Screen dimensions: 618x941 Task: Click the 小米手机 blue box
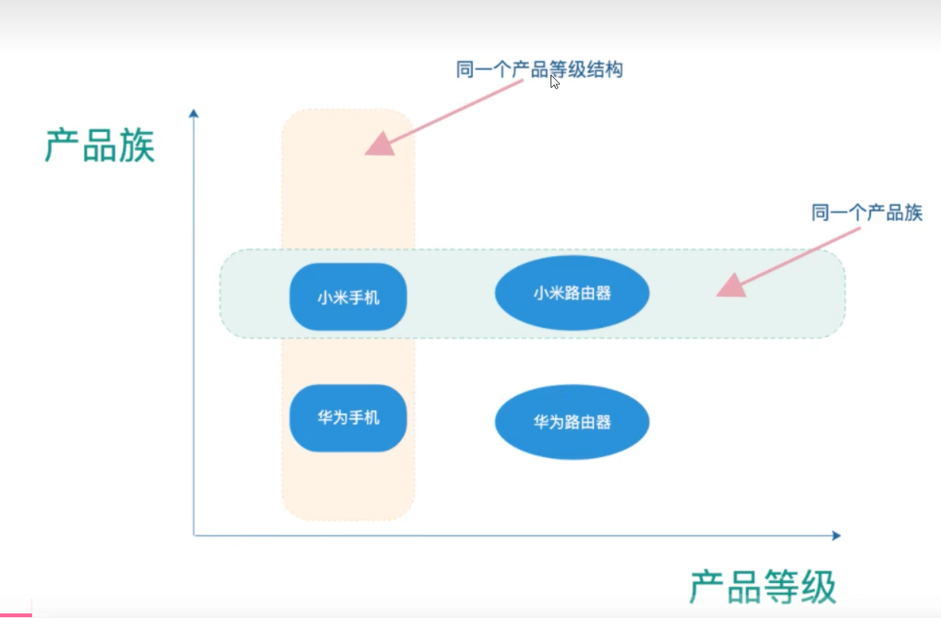coord(348,297)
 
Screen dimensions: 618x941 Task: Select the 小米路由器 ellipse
coord(572,293)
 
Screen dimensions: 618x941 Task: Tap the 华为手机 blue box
coord(348,418)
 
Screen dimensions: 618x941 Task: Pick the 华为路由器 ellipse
coord(572,422)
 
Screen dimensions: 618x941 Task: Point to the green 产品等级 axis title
coord(763,586)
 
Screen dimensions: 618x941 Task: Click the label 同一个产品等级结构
coord(539,70)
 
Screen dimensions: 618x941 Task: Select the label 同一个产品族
coord(867,213)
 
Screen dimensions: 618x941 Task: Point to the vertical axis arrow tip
coord(194,114)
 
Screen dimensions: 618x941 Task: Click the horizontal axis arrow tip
coord(837,536)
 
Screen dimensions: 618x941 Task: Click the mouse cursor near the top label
coord(554,82)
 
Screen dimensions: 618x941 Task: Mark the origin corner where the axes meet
coord(194,536)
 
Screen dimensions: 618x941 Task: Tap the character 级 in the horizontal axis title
coord(817,586)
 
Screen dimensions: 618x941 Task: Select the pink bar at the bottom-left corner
coord(15,614)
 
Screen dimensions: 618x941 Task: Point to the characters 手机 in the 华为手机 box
coord(364,418)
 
